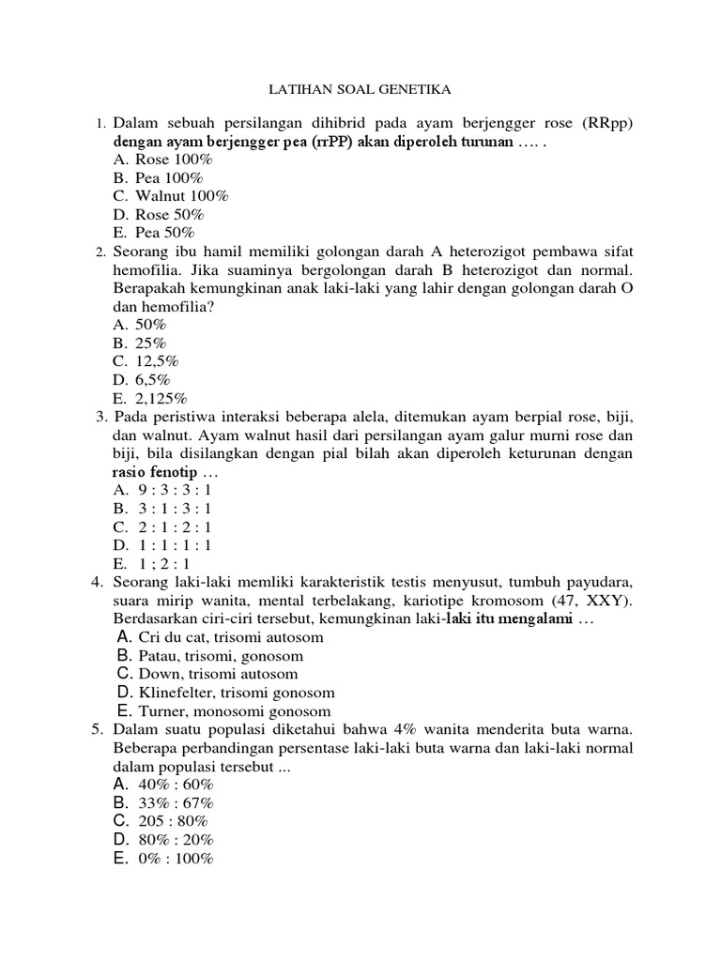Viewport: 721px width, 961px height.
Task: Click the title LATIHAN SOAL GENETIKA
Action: [x=360, y=90]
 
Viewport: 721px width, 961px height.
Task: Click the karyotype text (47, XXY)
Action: [x=596, y=601]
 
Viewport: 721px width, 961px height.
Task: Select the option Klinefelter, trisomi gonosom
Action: [x=237, y=693]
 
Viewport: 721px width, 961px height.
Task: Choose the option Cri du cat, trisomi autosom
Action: [x=230, y=637]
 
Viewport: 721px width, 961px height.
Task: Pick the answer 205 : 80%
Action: [x=175, y=821]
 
